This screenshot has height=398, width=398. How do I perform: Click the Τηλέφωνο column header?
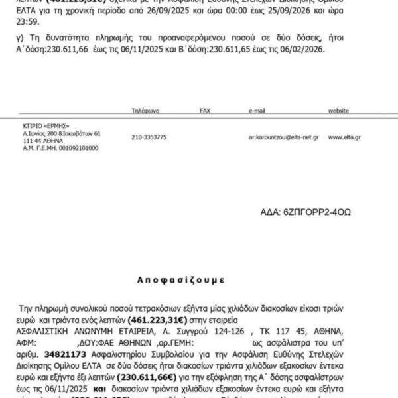pos(146,111)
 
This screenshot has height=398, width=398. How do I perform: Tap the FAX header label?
pos(205,111)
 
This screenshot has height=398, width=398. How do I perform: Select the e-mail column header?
pos(257,111)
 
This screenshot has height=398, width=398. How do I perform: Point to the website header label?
pos(338,111)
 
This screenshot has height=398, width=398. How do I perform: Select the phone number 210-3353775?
pos(149,137)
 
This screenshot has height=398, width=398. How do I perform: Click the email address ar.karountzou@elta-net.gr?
pos(283,137)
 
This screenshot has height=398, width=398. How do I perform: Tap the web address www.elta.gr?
pos(344,137)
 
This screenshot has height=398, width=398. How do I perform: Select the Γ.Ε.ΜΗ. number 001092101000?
pos(73,148)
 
